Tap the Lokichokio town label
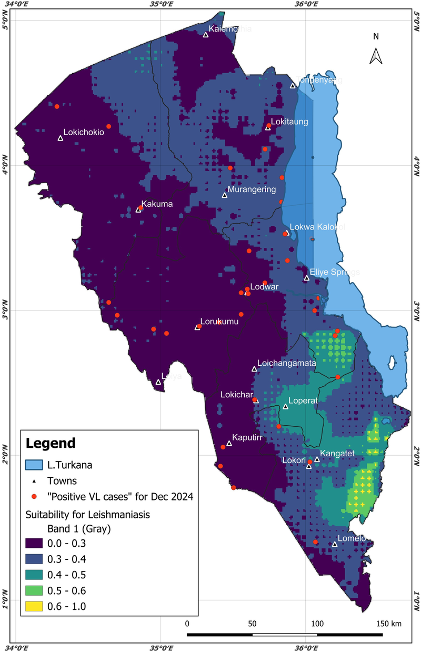point(84,133)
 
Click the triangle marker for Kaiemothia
point(206,35)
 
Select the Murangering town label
point(251,189)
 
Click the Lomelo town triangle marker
point(335,544)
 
